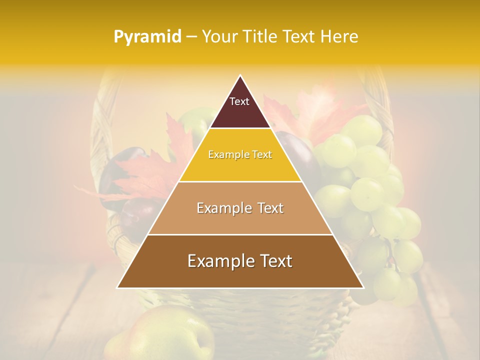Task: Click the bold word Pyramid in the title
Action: point(147,37)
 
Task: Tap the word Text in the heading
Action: point(299,37)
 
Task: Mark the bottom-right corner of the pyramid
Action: point(363,287)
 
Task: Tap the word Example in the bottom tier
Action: point(218,261)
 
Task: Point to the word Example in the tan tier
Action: point(222,208)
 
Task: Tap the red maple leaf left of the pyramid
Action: point(145,172)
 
